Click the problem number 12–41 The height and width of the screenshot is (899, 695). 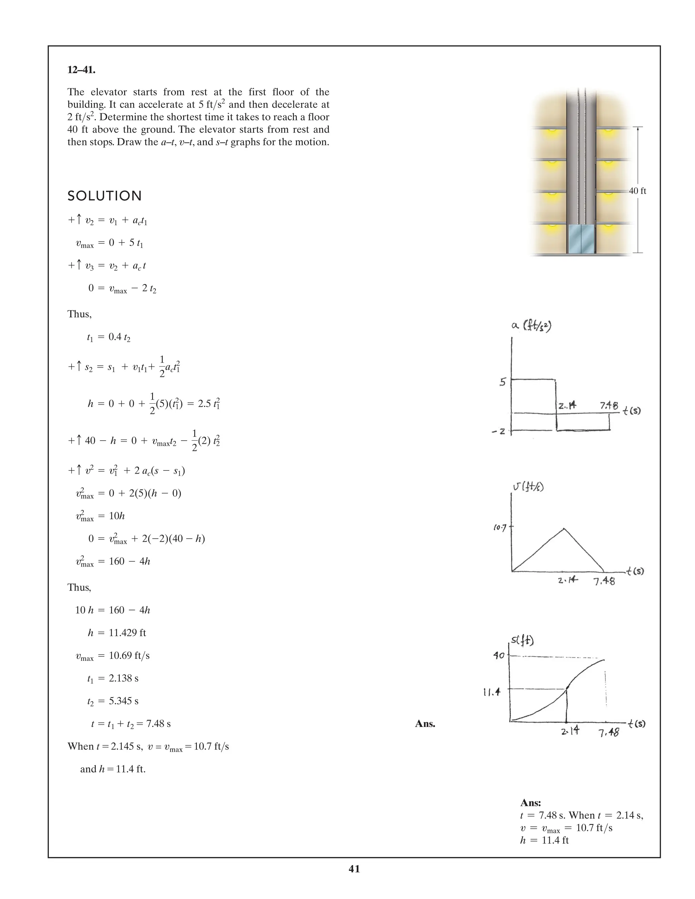(81, 70)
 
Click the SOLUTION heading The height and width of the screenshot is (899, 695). (105, 196)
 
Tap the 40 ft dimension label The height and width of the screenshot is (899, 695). (637, 191)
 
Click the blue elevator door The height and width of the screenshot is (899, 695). (581, 239)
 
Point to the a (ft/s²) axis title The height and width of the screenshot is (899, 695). (531, 326)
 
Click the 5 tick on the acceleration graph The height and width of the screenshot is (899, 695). (502, 382)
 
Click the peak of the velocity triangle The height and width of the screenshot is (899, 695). (564, 529)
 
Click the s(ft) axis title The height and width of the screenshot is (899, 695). (522, 640)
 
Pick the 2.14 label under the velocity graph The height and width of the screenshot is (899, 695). (568, 580)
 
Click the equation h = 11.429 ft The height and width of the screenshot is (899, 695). (117, 633)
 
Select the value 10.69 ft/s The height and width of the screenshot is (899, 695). (129, 655)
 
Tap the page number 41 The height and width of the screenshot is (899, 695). (354, 869)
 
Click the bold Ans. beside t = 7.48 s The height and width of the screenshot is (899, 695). (425, 724)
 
